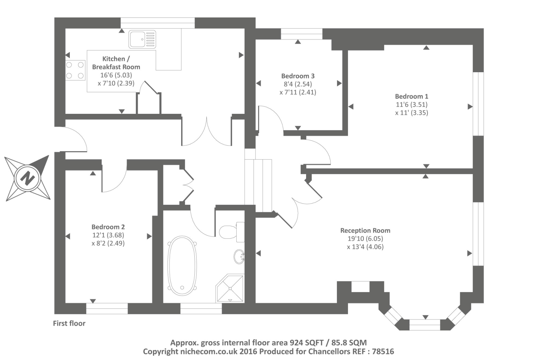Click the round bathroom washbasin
[239, 257]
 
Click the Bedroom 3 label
[298, 76]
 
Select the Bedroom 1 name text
[411, 96]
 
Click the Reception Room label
[365, 230]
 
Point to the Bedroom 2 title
[108, 227]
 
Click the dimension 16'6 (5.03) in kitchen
[116, 75]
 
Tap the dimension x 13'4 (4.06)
[365, 247]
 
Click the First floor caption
[69, 323]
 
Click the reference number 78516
[383, 352]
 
